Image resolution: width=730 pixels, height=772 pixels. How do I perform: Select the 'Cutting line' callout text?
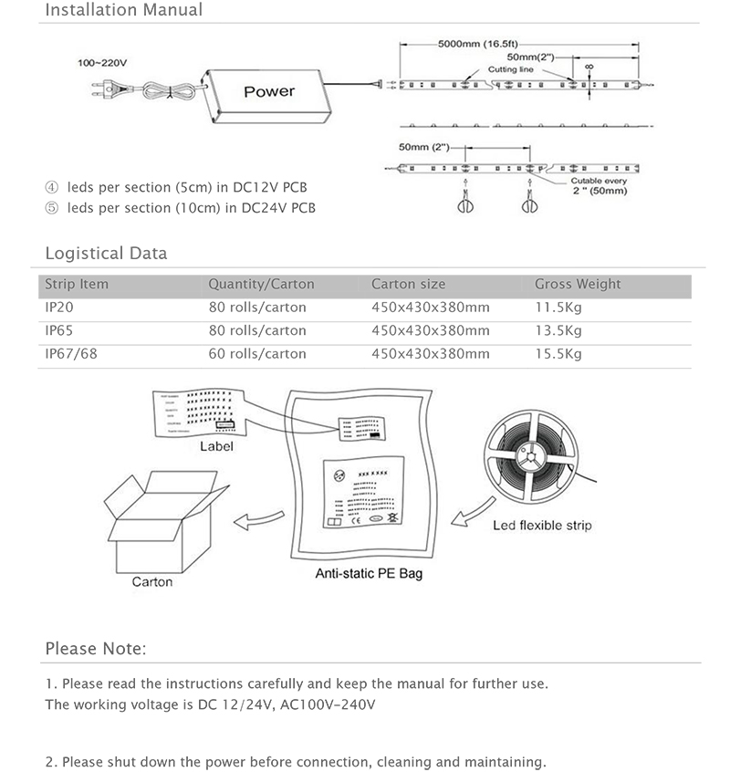509,69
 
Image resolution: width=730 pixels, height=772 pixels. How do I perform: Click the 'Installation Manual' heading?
124,11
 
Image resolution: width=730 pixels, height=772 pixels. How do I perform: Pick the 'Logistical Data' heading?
106,253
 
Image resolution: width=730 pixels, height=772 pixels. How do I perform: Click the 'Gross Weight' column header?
578,284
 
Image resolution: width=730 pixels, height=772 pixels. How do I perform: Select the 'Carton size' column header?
408,284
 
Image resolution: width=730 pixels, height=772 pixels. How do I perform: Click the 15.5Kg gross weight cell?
558,353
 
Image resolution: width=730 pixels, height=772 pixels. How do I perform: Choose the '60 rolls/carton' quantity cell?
257,353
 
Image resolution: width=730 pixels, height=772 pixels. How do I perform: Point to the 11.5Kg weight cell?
558,308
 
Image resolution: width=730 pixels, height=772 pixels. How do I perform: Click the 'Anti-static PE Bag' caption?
369,574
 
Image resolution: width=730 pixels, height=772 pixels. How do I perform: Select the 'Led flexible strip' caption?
542,525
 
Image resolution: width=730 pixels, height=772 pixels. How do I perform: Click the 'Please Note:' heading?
95,649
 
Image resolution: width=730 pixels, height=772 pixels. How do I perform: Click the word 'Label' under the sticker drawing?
216,446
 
